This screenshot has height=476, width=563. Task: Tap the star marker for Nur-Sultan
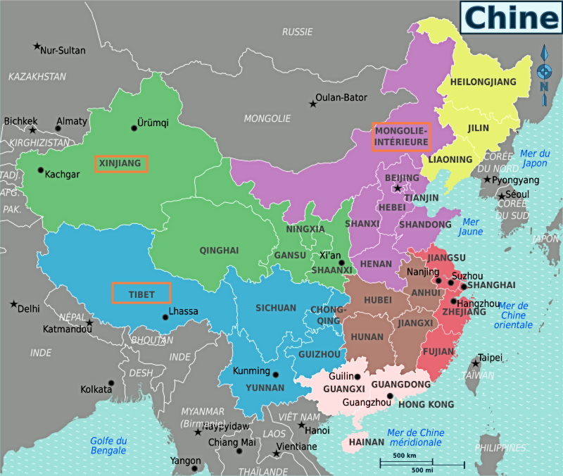pyautogui.click(x=37, y=46)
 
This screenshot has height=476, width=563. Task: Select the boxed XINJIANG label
pyautogui.click(x=121, y=164)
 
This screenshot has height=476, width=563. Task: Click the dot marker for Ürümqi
pyautogui.click(x=134, y=128)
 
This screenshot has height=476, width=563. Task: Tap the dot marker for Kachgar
pyautogui.click(x=41, y=170)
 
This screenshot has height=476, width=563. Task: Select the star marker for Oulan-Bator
pyautogui.click(x=312, y=104)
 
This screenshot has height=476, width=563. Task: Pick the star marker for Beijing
pyautogui.click(x=398, y=188)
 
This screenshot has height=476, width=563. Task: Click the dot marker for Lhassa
pyautogui.click(x=165, y=317)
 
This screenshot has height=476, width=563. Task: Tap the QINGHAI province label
pyautogui.click(x=219, y=250)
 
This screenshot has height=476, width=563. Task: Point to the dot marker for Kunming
pyautogui.click(x=275, y=375)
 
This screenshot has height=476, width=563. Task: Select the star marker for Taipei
pyautogui.click(x=476, y=363)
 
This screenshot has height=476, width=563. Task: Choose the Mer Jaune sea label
pyautogui.click(x=470, y=226)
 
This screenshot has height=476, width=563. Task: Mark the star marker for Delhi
pyautogui.click(x=13, y=304)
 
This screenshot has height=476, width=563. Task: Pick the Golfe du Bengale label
pyautogui.click(x=108, y=445)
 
